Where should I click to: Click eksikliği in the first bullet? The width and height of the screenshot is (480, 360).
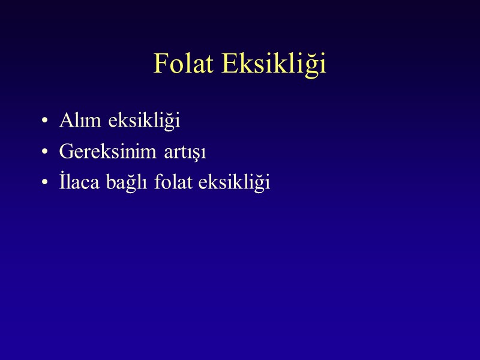(145, 121)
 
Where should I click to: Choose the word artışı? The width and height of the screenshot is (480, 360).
(185, 153)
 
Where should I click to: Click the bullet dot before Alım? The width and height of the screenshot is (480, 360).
(45, 122)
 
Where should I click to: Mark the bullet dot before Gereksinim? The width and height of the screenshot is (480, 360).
(45, 153)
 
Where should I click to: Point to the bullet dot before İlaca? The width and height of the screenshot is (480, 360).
(45, 184)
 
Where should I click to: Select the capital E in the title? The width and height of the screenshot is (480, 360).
(230, 64)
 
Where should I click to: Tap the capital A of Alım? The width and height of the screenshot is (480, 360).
(65, 120)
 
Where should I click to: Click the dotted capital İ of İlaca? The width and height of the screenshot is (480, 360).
(62, 182)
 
